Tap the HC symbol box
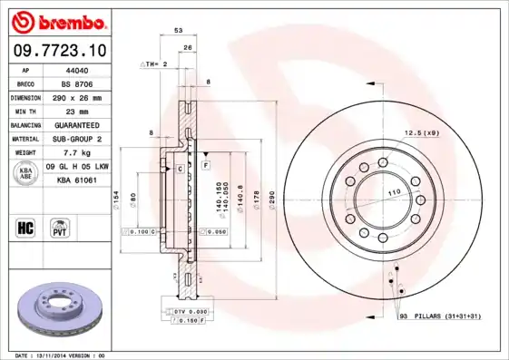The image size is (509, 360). (x=25, y=226)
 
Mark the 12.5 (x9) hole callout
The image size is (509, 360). (x=422, y=133)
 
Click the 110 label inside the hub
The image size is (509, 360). (x=394, y=194)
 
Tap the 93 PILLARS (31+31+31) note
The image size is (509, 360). (x=439, y=316)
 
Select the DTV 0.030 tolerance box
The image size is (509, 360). (x=189, y=311)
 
